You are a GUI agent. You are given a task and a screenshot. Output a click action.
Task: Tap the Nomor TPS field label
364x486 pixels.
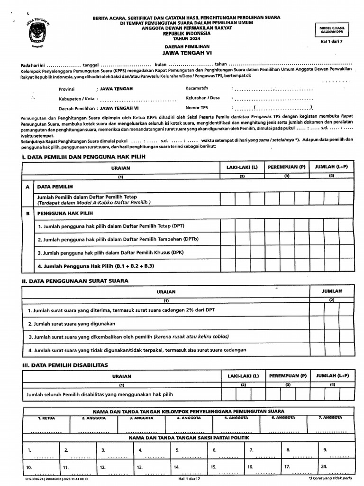pos(197,108)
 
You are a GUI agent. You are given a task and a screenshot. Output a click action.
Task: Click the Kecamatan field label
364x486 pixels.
pos(197,88)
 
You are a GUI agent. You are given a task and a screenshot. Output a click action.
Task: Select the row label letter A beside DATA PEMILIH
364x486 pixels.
pos(27,187)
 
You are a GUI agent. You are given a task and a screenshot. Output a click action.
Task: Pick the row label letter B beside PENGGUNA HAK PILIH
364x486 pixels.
pos(27,214)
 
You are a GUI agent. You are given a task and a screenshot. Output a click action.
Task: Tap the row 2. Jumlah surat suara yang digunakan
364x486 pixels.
pos(72,324)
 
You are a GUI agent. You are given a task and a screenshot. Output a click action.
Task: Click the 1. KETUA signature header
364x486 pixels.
pos(46,418)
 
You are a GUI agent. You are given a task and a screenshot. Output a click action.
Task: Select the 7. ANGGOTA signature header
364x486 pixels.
pos(330,418)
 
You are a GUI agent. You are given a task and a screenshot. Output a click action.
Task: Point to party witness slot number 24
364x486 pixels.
pos(324,467)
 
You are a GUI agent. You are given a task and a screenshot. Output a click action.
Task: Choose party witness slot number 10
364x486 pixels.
pos(29,467)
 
